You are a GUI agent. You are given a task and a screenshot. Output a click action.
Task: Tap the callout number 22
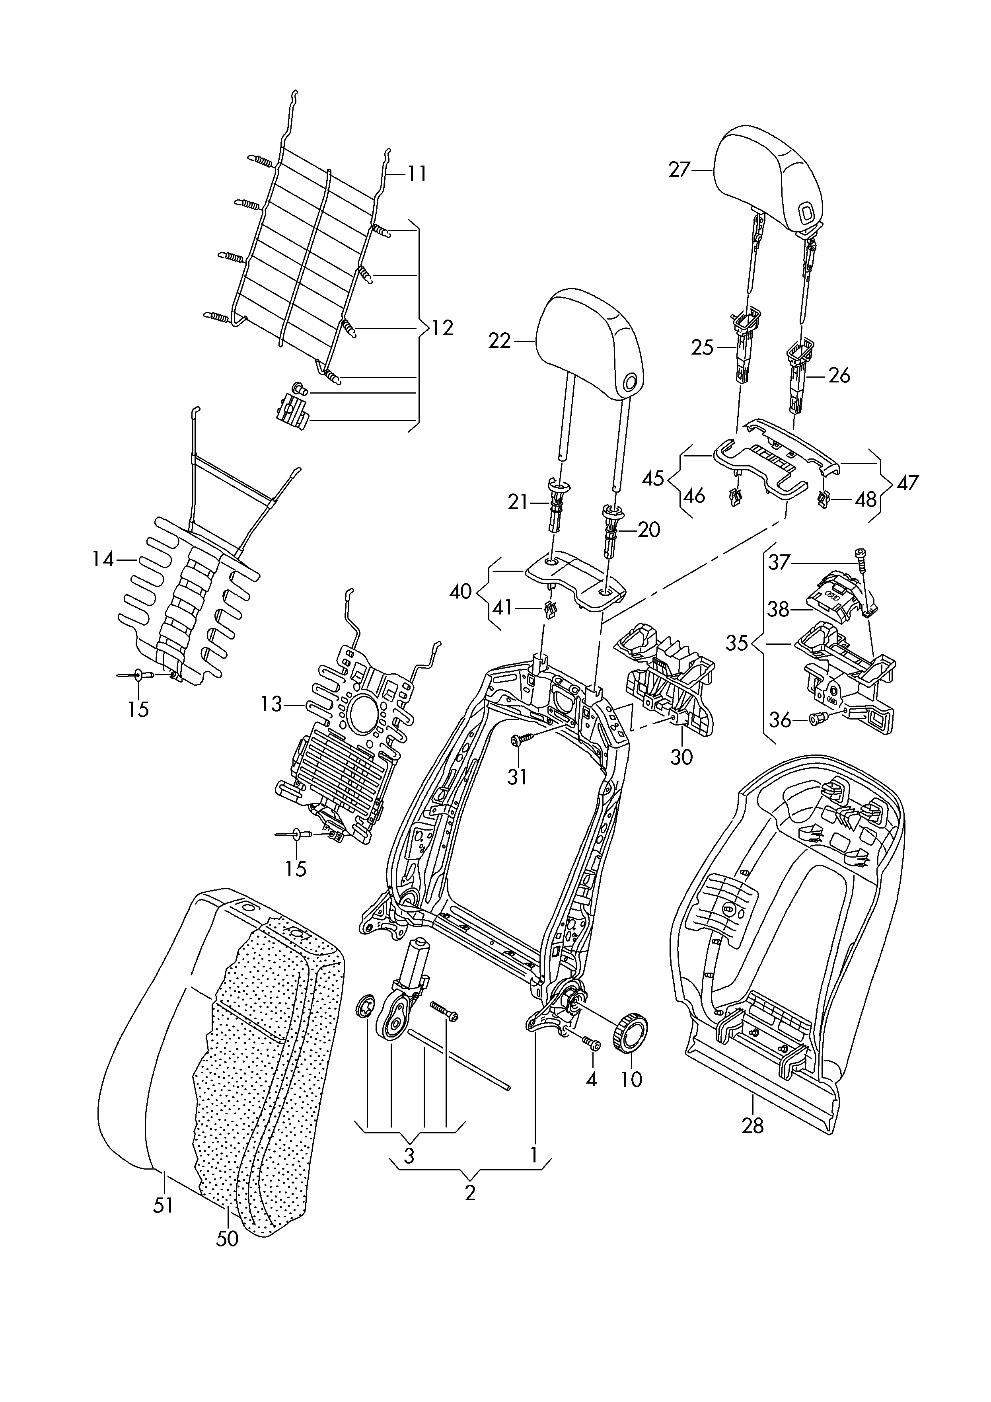[499, 341]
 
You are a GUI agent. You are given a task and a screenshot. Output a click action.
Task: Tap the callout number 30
[681, 757]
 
